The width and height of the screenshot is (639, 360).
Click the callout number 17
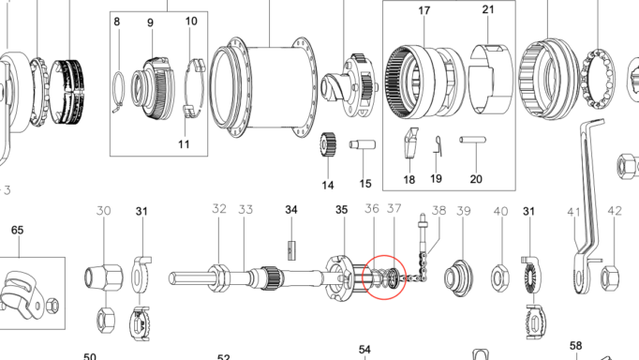[424, 11]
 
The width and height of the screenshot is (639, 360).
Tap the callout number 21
[487, 10]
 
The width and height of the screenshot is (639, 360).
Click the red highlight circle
[384, 277]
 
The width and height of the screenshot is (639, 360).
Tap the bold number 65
[18, 230]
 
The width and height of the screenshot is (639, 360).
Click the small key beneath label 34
[290, 248]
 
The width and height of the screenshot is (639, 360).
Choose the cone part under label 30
[104, 277]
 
